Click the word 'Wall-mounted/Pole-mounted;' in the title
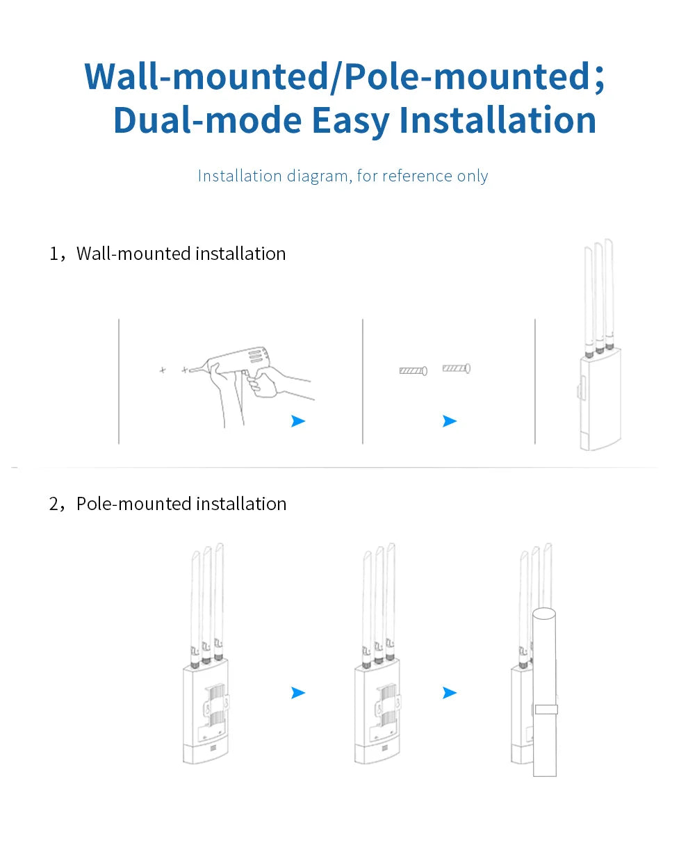tap(344, 76)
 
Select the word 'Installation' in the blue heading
tap(497, 120)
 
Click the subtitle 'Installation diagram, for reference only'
tap(343, 176)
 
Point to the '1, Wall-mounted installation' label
tap(167, 254)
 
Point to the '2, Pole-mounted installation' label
tap(167, 504)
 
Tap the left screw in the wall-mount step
tap(413, 370)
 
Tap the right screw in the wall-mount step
tap(457, 368)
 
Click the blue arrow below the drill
tap(298, 421)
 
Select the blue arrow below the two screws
tap(450, 421)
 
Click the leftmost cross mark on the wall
tap(163, 370)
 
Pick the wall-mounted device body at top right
tap(599, 400)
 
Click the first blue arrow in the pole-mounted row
tap(298, 693)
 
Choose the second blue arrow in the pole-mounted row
tap(450, 693)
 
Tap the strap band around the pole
tap(546, 710)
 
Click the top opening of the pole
tap(543, 615)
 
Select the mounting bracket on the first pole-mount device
tap(216, 707)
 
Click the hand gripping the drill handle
tap(268, 382)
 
